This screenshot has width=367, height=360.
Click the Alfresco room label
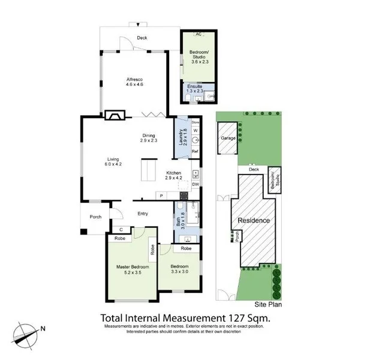pos(133,82)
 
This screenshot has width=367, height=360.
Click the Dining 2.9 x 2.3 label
pos(148,138)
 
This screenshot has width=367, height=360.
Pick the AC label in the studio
pos(200,35)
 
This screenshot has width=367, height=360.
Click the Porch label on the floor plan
pos(95,217)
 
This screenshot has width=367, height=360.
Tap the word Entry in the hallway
pos(143,213)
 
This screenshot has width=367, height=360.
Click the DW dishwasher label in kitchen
pos(195,184)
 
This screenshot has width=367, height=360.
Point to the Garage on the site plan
pos(228,137)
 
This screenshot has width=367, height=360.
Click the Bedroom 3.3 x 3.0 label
pos(179,268)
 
